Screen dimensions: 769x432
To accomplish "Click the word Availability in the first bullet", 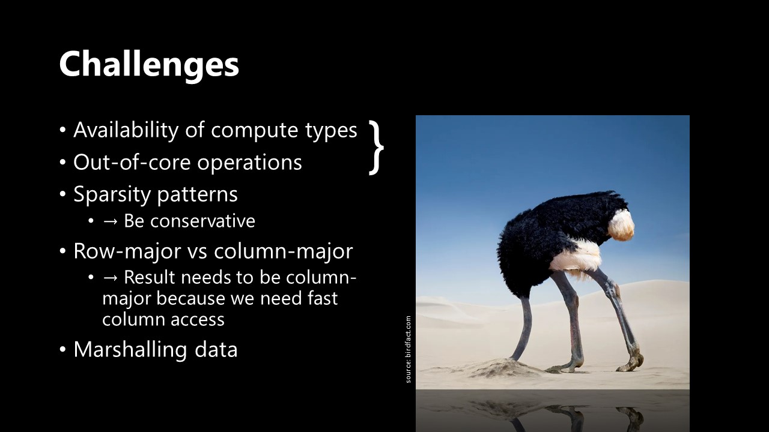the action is [x=126, y=130].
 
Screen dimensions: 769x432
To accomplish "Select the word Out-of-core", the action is [x=132, y=162].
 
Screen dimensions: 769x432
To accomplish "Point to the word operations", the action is [x=249, y=163].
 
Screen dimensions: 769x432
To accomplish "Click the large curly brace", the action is [x=376, y=148].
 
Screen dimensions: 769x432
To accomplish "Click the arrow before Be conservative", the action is [x=110, y=221].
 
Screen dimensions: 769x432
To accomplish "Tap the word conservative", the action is [x=202, y=221].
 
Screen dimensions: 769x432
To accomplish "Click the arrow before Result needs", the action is [x=110, y=278].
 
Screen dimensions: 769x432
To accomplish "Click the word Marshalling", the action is [x=130, y=350].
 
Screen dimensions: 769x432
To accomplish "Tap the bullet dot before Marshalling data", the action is [x=62, y=350].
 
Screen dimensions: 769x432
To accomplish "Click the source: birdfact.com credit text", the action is [x=408, y=349].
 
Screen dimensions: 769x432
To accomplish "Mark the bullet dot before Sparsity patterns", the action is [x=62, y=194].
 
